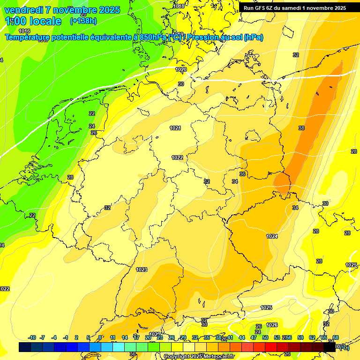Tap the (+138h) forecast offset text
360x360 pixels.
coord(83,21)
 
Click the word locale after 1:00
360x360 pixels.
coord(45,21)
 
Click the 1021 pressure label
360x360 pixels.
coord(175,128)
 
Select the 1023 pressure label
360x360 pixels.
coord(142,270)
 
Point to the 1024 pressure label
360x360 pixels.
coord(272,236)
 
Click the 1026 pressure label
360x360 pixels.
coord(272,325)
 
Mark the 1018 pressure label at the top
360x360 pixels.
coord(179,6)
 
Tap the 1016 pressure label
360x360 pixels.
coord(24,31)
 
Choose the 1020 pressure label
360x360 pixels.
coord(181,69)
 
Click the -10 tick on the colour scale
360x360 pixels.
coord(32,337)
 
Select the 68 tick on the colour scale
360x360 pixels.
coord(336,337)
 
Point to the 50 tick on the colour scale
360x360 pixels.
coord(265,337)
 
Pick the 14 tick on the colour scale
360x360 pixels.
coord(125,337)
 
